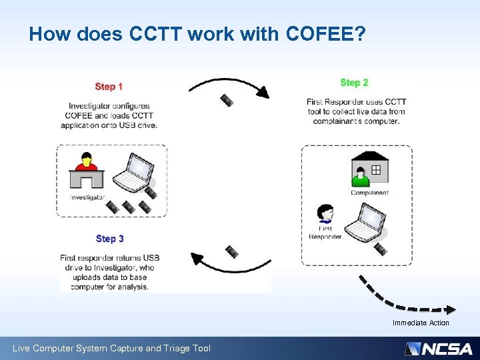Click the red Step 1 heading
pyautogui.click(x=109, y=87)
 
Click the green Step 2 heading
pyautogui.click(x=354, y=83)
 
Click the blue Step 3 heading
pyautogui.click(x=110, y=239)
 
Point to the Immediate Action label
pyautogui.click(x=421, y=323)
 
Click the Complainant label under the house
pyautogui.click(x=369, y=193)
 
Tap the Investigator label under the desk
pyautogui.click(x=88, y=197)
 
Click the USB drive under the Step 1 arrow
pyautogui.click(x=227, y=101)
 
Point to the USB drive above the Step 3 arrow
pyautogui.click(x=231, y=251)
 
